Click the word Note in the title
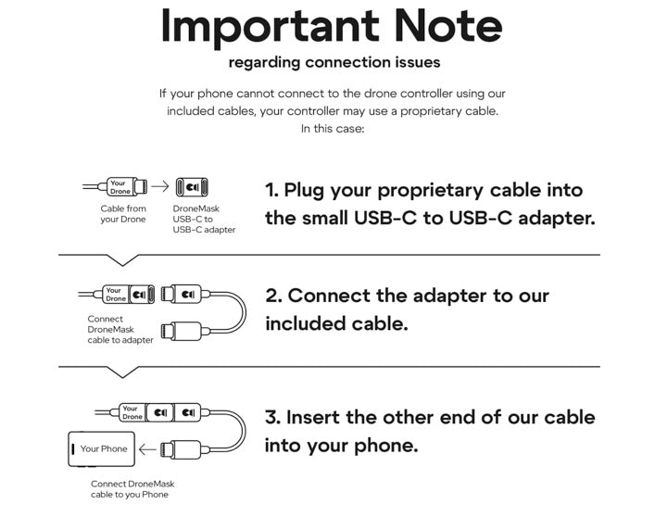[x=447, y=26]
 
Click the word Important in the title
[x=270, y=29]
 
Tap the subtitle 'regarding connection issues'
[x=334, y=63]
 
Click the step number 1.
[x=271, y=191]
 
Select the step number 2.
[x=273, y=296]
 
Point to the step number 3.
[x=273, y=418]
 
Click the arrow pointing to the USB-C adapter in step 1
[x=160, y=186]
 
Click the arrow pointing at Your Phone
[x=147, y=449]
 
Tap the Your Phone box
[x=102, y=449]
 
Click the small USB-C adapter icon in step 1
[x=192, y=187]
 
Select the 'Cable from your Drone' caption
[x=123, y=214]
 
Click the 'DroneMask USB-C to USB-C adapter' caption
[x=204, y=219]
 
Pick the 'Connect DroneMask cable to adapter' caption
[x=120, y=330]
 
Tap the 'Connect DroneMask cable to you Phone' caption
[x=132, y=489]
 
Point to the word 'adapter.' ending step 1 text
[x=557, y=219]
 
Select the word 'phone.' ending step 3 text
[x=386, y=446]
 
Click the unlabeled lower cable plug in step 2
[x=183, y=332]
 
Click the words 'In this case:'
[x=333, y=129]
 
